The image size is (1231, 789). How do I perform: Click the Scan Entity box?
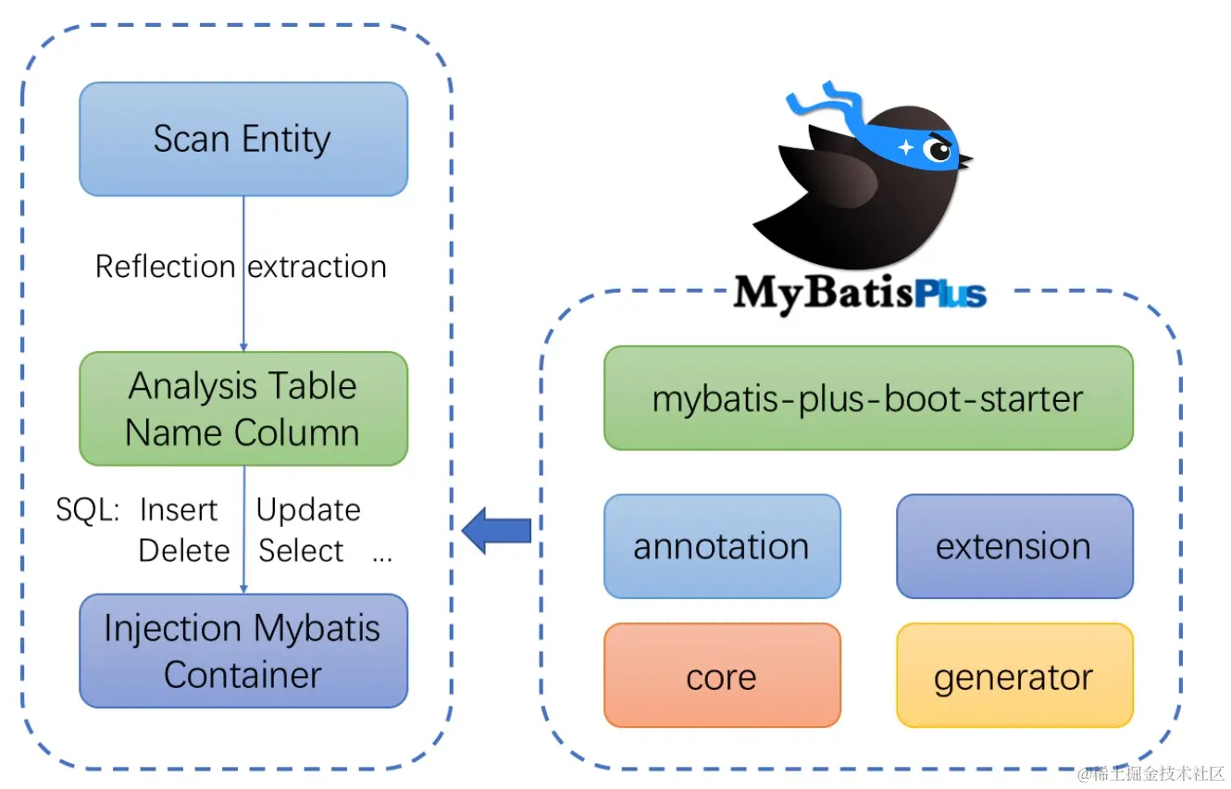click(242, 139)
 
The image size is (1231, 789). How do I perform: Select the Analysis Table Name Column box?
click(242, 408)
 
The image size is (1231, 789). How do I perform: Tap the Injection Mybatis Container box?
click(242, 651)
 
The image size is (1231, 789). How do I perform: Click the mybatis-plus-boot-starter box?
click(867, 398)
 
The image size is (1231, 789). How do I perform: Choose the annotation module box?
click(721, 546)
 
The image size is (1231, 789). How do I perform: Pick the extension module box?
click(1013, 546)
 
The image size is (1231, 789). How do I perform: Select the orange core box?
click(721, 676)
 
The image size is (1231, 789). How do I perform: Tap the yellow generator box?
click(1013, 676)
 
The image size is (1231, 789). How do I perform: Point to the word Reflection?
click(165, 267)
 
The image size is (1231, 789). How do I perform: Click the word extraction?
click(317, 267)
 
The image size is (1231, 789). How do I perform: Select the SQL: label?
click(87, 510)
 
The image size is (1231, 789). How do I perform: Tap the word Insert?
click(179, 510)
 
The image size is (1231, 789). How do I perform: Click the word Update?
click(308, 510)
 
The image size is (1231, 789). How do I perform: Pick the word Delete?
click(183, 551)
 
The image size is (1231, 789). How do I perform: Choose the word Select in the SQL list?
click(301, 551)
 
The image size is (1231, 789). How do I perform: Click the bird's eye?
click(938, 150)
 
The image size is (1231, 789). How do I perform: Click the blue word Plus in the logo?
click(950, 294)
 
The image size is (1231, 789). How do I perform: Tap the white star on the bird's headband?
click(905, 147)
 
